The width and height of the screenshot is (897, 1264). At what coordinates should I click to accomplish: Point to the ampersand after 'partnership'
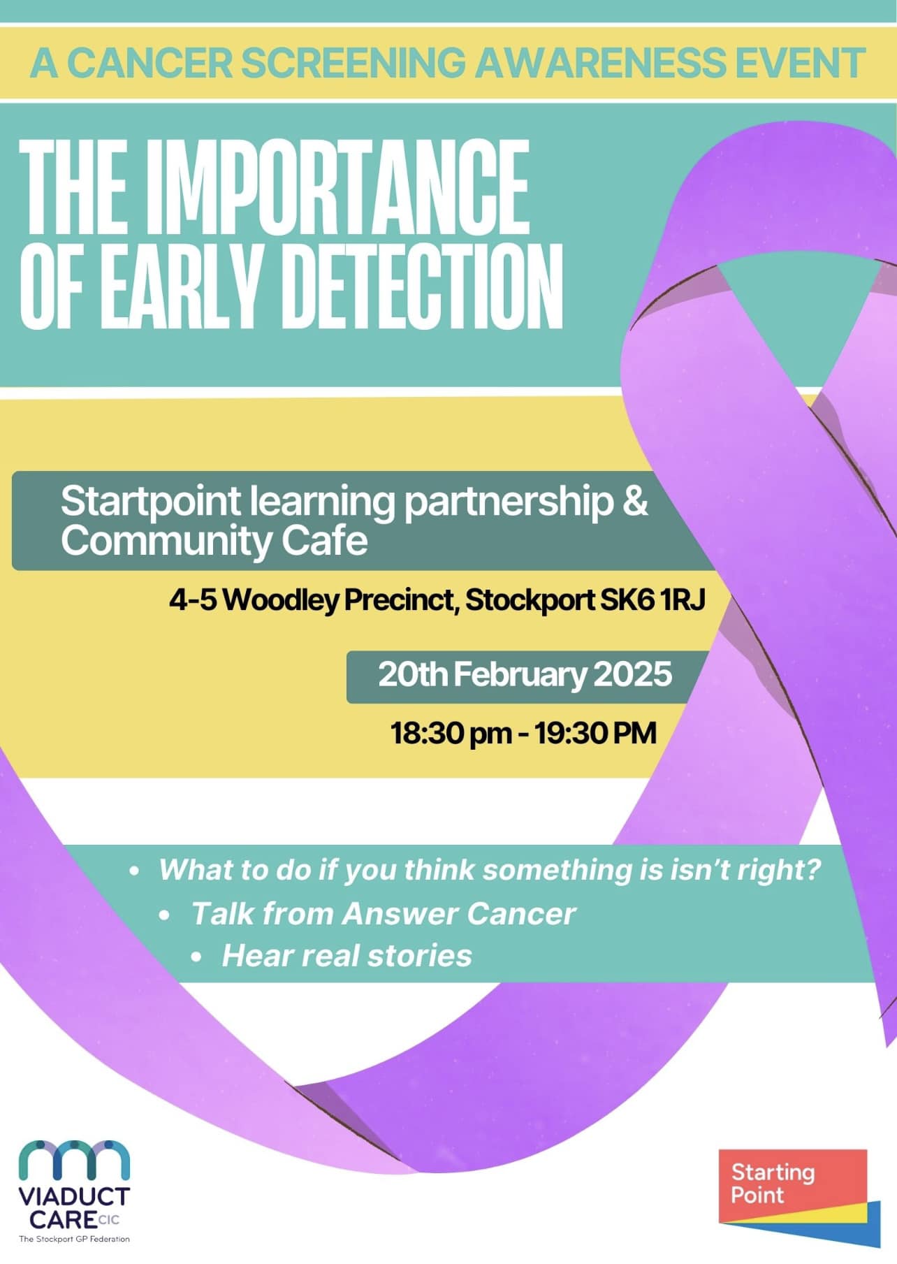coord(635,502)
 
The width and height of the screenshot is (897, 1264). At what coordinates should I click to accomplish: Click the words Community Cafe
coord(214,541)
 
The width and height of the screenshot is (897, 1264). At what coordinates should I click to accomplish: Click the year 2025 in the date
coord(633,674)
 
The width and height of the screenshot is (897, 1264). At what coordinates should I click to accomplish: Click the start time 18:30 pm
coord(451,734)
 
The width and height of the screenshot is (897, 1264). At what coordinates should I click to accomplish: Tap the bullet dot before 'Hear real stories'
coord(196,957)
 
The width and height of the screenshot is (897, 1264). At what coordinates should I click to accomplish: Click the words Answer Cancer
coord(459,913)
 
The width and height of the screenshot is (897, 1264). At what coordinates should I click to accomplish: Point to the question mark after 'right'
coord(812,869)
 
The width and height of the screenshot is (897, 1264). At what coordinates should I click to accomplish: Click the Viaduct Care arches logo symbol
coord(74,1160)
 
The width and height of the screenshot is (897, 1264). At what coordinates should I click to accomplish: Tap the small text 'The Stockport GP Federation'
coord(74,1239)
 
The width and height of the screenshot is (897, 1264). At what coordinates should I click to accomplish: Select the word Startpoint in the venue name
coord(151,502)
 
